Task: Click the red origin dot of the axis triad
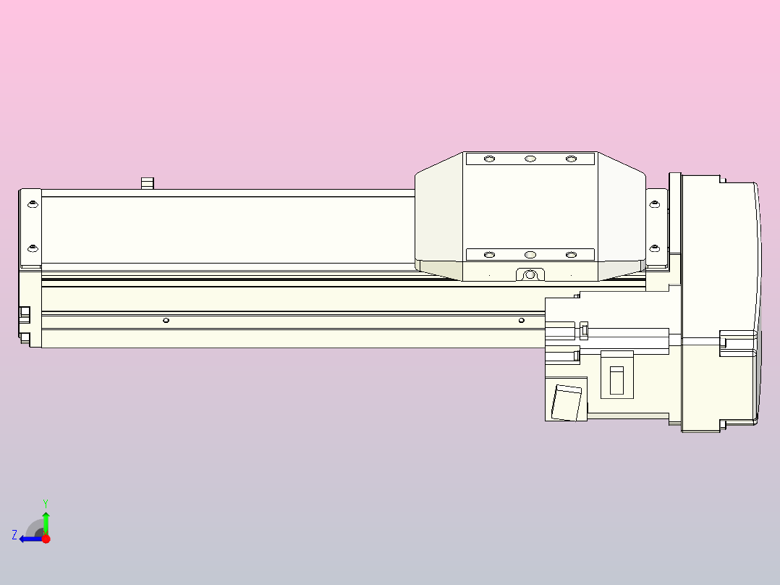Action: click(46, 539)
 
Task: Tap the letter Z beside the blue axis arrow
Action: click(14, 535)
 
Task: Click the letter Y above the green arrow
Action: click(46, 502)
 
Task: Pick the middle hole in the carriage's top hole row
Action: click(530, 159)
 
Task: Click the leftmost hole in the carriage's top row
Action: click(489, 159)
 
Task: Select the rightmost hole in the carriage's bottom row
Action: click(571, 255)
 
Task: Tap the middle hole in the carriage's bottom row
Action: click(530, 255)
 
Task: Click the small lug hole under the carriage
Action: click(530, 274)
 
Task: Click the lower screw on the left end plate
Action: click(32, 248)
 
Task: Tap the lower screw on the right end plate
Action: click(655, 248)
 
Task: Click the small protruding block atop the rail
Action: click(148, 182)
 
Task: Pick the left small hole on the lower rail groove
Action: click(166, 320)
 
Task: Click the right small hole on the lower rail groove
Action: click(521, 320)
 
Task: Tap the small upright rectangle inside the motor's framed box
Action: click(616, 380)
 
